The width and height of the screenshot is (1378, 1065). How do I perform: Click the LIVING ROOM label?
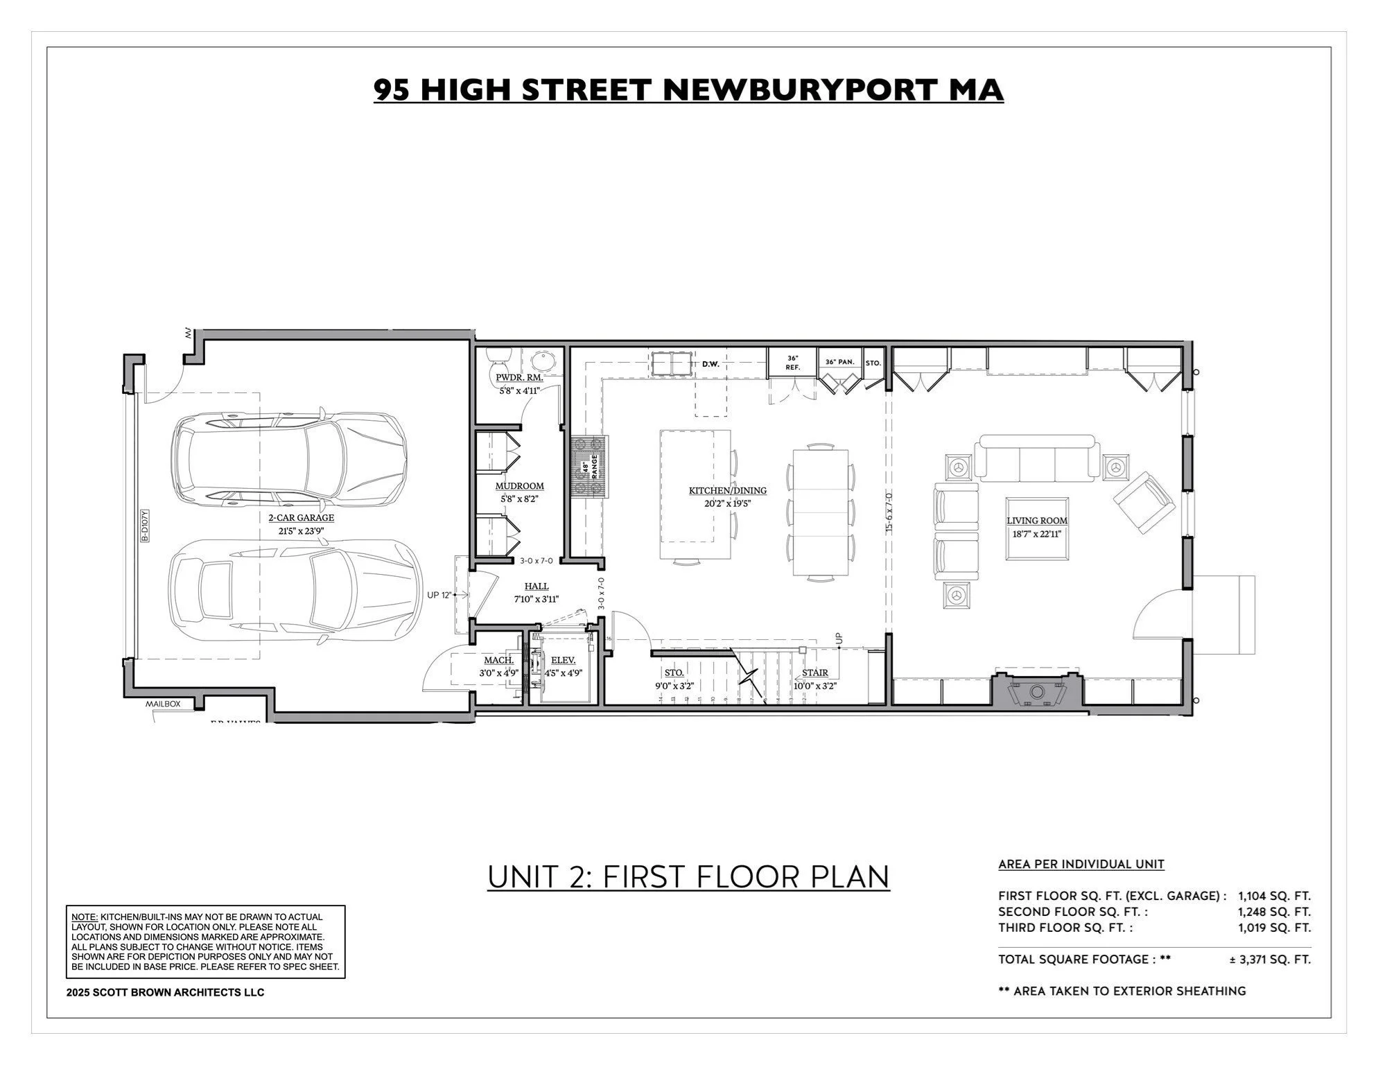click(x=1036, y=520)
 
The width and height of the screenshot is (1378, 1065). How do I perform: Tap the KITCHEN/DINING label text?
click(x=727, y=490)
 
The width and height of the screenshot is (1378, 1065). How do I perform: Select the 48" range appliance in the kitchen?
click(x=589, y=467)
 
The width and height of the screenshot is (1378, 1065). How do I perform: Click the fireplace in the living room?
click(x=1036, y=691)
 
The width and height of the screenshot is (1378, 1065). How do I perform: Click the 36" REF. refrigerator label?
click(x=792, y=363)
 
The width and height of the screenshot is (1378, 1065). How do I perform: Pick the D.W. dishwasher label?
click(x=710, y=363)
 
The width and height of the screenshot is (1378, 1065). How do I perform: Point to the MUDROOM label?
click(x=519, y=486)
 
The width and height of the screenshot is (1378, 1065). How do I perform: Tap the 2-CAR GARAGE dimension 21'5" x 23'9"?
click(x=301, y=531)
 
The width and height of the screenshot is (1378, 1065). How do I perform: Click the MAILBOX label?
click(x=162, y=704)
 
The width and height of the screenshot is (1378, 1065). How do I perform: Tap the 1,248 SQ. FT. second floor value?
click(x=1274, y=912)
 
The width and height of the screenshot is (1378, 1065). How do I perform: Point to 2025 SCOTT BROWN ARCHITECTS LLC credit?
click(x=165, y=992)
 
